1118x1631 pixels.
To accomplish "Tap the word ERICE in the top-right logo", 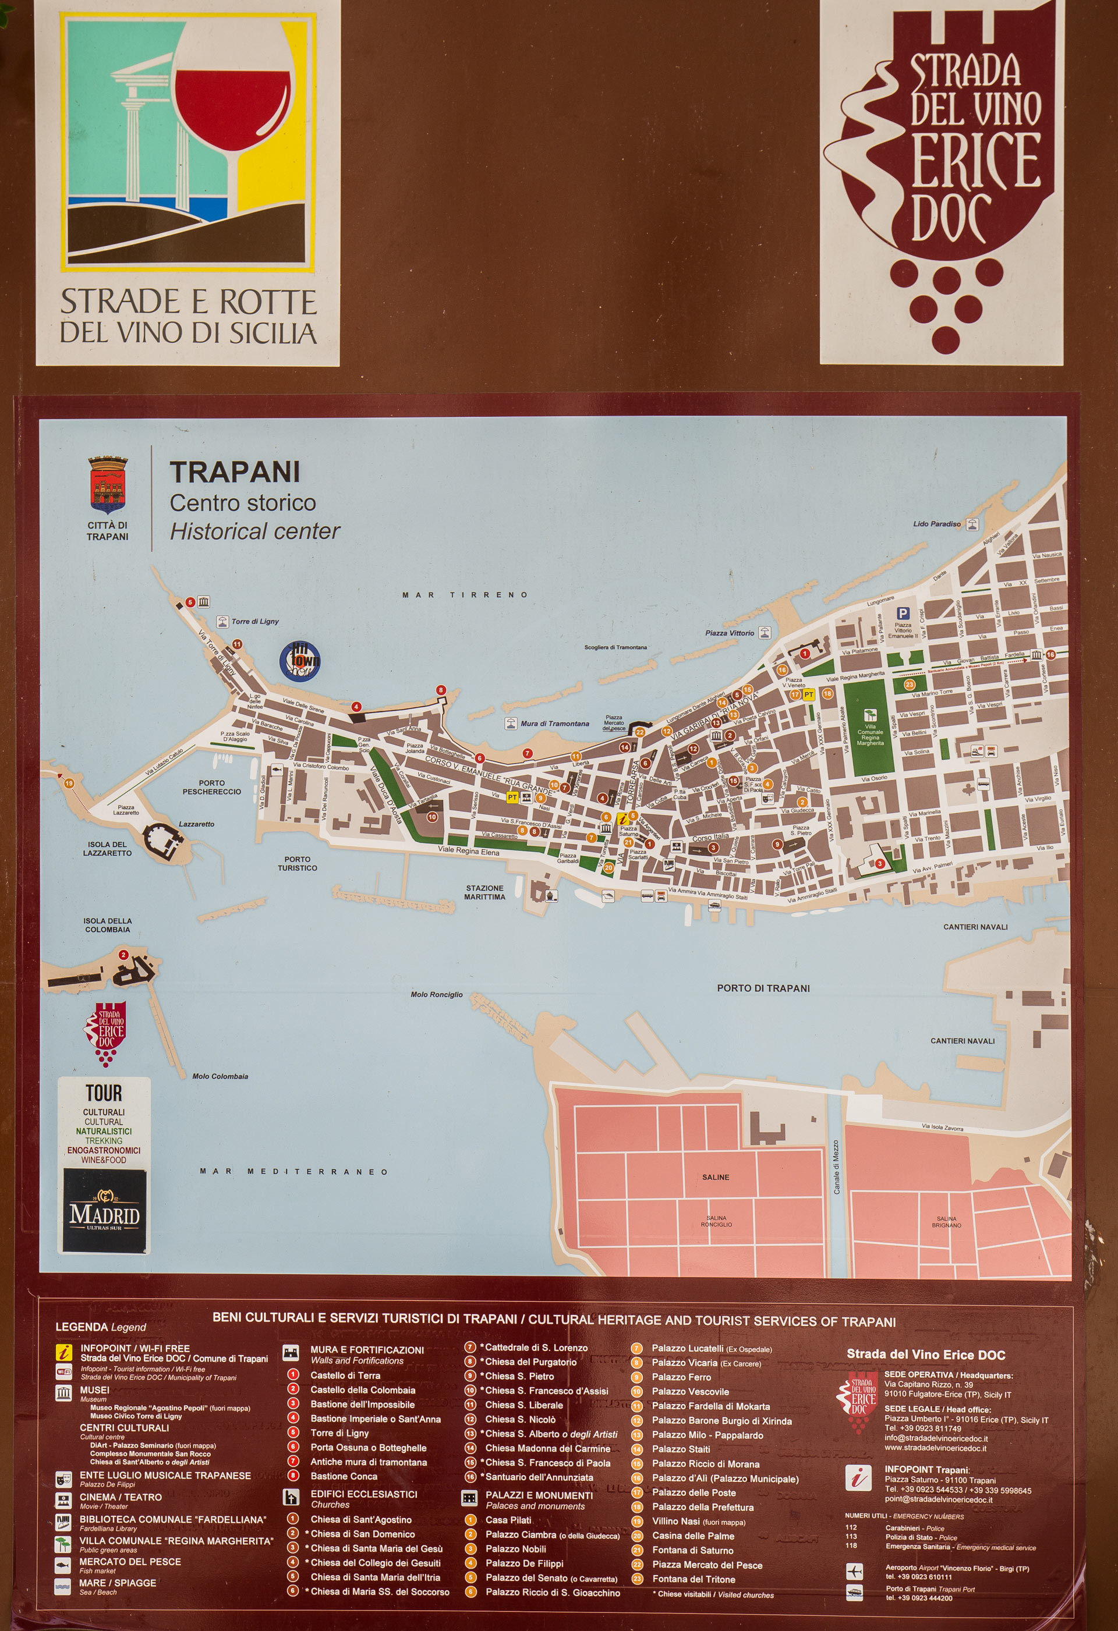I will pyautogui.click(x=976, y=161).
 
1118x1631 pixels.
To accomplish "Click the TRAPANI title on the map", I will pyautogui.click(x=235, y=472).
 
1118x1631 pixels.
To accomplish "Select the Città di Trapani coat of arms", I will pyautogui.click(x=108, y=484).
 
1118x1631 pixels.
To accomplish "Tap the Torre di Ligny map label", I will pyautogui.click(x=255, y=621).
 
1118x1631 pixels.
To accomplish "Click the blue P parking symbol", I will pyautogui.click(x=903, y=614).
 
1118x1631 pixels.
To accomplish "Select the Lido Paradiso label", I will pyautogui.click(x=937, y=523).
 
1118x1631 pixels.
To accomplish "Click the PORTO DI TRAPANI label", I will pyautogui.click(x=763, y=988).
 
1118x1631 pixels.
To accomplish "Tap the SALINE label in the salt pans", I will pyautogui.click(x=716, y=1177).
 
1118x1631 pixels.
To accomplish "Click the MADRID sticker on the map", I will pyautogui.click(x=105, y=1212).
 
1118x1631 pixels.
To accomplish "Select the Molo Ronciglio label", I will pyautogui.click(x=436, y=994).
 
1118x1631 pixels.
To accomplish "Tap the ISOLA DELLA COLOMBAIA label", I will pyautogui.click(x=108, y=925).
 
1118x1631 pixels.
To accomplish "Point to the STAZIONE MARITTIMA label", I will pyautogui.click(x=484, y=892).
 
